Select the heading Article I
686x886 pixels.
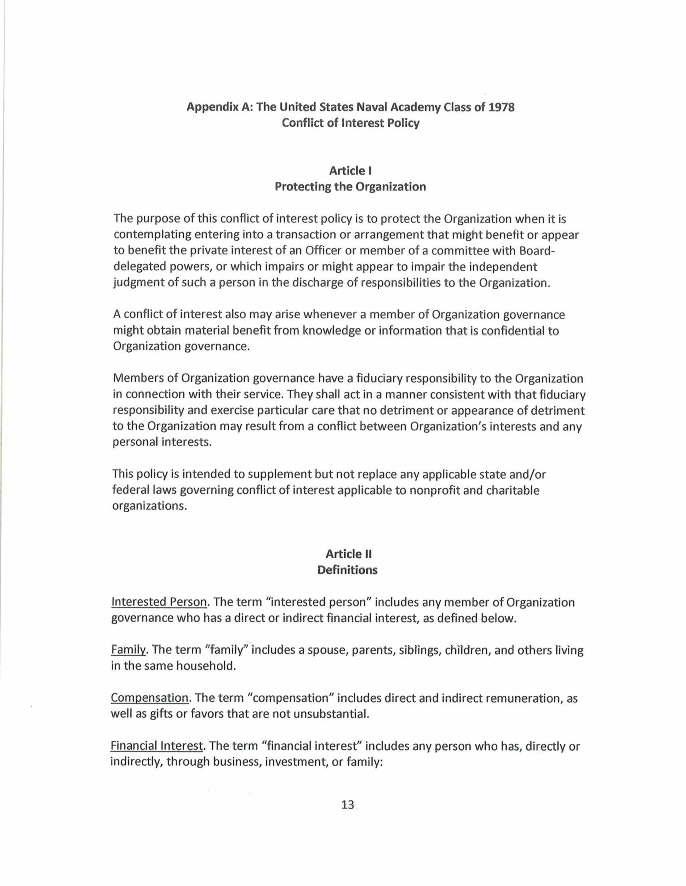click(350, 171)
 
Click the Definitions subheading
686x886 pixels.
click(347, 570)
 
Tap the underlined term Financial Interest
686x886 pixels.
click(157, 746)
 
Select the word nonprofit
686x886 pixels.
click(433, 491)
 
